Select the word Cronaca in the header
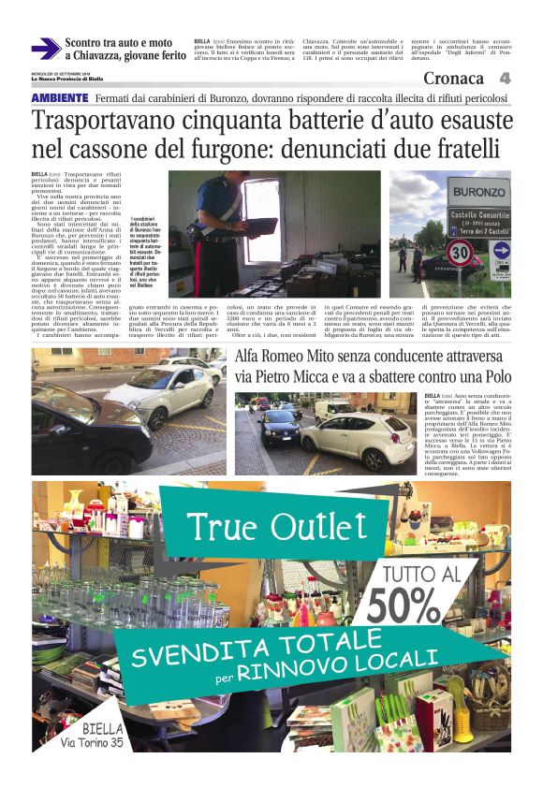tap(453, 80)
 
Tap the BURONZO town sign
tap(478, 194)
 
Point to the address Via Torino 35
tap(92, 743)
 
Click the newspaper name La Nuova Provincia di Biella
tap(69, 79)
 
